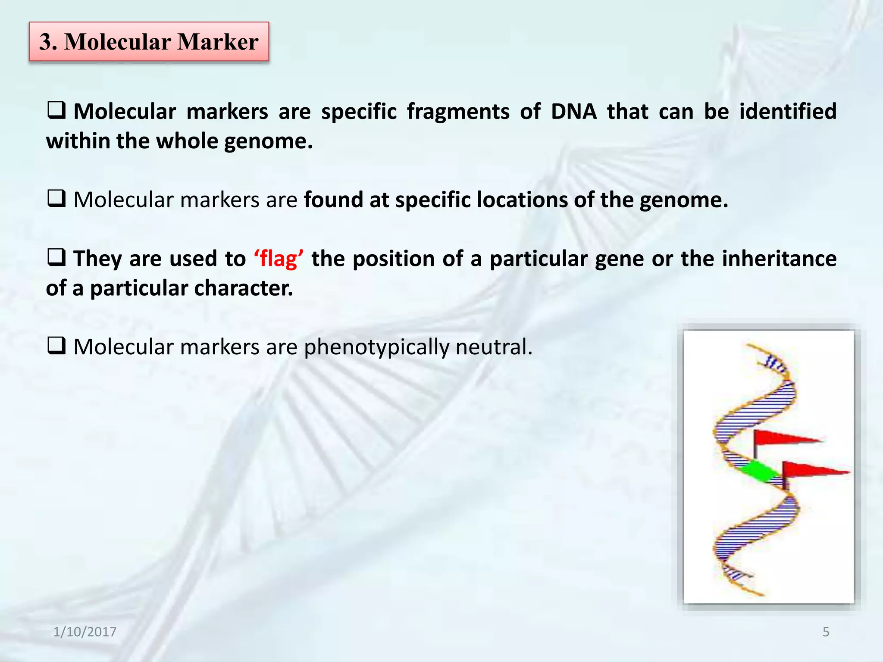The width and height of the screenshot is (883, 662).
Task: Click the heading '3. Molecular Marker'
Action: coord(149,42)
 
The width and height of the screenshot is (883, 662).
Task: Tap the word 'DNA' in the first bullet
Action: coord(573,112)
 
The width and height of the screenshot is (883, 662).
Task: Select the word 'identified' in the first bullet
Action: coord(788,112)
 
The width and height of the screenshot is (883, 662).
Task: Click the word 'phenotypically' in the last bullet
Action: coord(376,347)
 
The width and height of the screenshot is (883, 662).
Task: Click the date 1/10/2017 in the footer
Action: coord(85,632)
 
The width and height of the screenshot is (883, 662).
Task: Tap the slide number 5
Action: coord(826,632)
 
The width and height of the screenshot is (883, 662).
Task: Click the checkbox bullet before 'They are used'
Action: coord(56,258)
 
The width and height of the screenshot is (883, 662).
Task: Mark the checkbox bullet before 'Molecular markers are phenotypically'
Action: coord(56,346)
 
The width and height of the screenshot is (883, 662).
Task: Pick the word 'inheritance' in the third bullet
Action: coord(779,259)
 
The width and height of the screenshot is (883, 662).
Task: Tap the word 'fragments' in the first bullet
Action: coord(458,112)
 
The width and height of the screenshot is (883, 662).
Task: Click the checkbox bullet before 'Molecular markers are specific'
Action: coord(56,111)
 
